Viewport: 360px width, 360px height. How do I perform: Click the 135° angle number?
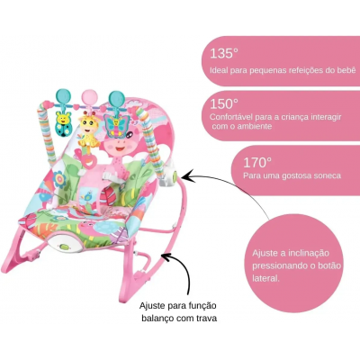click(224, 54)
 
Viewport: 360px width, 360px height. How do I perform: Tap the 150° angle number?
click(224, 104)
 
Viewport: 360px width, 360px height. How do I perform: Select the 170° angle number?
click(257, 162)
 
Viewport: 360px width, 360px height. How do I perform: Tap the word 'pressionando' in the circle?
click(279, 266)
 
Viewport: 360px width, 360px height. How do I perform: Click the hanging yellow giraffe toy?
click(89, 128)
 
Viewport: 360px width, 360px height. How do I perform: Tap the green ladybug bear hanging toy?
click(64, 123)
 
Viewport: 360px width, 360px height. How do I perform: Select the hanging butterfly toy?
click(116, 125)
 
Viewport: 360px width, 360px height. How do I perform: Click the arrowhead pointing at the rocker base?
click(166, 256)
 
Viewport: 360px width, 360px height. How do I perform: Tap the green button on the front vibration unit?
click(64, 247)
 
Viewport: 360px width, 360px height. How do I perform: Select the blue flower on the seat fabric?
click(59, 179)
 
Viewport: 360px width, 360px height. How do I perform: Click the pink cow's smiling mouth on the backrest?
click(120, 148)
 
